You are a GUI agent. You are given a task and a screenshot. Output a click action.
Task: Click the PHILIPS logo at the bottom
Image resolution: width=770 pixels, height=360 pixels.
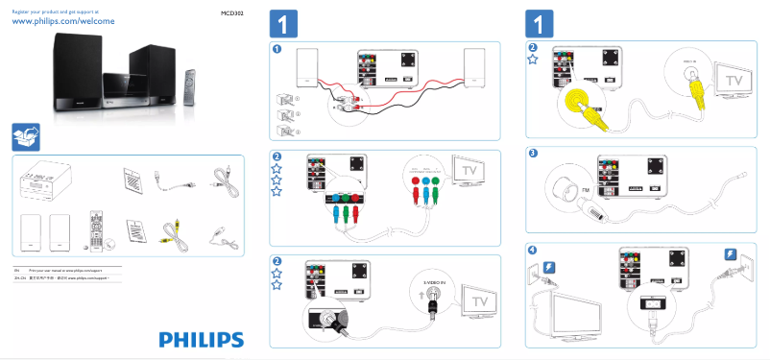(201, 339)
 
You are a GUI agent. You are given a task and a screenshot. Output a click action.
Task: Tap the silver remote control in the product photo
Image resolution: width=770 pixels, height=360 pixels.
(190, 88)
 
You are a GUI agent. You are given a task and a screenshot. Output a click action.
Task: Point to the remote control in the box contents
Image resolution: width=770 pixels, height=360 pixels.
(94, 230)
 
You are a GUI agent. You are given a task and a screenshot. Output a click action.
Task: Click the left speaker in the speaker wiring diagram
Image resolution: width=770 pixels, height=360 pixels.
(307, 67)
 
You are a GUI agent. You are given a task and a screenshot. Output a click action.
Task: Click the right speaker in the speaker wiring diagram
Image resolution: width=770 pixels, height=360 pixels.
(474, 67)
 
